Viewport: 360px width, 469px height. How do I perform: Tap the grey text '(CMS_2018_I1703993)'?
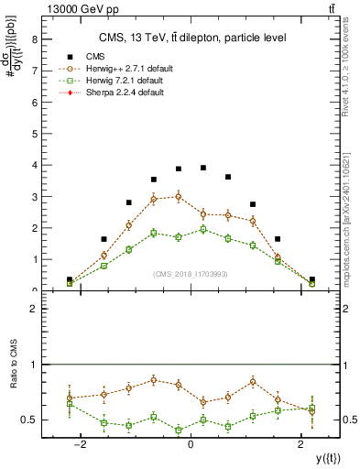[x=191, y=274]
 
